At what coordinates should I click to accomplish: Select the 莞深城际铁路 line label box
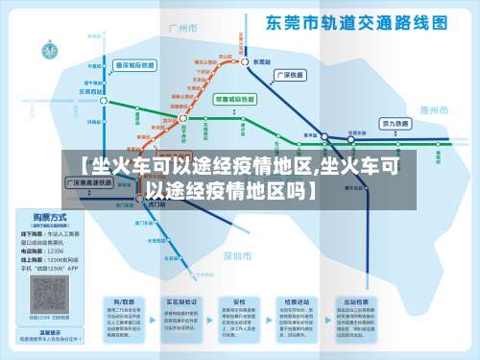[133, 64]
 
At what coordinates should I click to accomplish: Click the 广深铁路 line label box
[291, 74]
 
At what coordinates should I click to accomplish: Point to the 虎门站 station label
[156, 204]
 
